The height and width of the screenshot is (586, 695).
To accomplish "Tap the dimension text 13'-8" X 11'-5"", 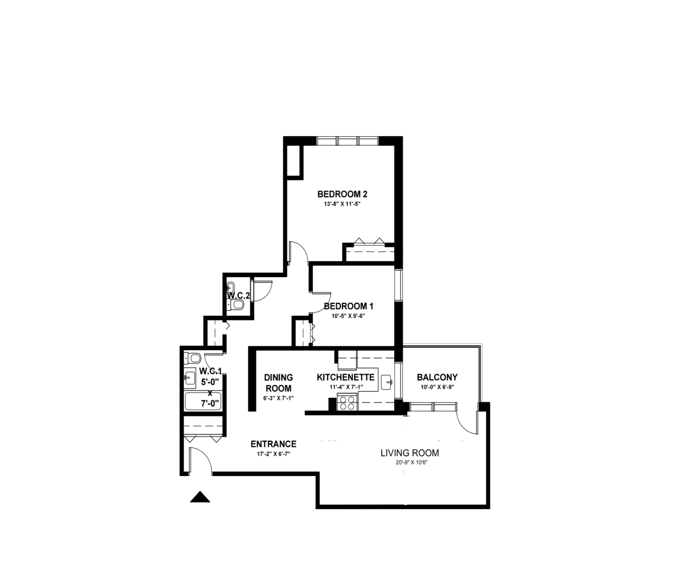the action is tap(342, 204).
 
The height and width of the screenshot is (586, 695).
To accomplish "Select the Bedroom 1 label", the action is tap(348, 306).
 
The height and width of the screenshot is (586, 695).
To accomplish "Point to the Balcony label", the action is tap(437, 377).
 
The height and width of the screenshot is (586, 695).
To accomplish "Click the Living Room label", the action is tap(409, 453).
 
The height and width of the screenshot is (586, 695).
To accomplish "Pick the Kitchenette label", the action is tap(345, 377).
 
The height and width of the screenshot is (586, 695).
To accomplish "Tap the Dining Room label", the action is tap(278, 383).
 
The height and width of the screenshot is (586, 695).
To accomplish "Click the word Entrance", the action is tap(273, 444).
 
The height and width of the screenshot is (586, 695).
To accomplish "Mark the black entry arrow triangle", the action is tap(200, 497).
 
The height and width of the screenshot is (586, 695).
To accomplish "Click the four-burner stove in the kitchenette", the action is tap(347, 403).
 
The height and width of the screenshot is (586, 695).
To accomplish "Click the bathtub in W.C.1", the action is tap(203, 401).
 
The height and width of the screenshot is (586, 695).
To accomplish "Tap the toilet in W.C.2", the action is tap(236, 304).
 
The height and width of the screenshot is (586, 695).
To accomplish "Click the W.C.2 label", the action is tap(239, 296).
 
